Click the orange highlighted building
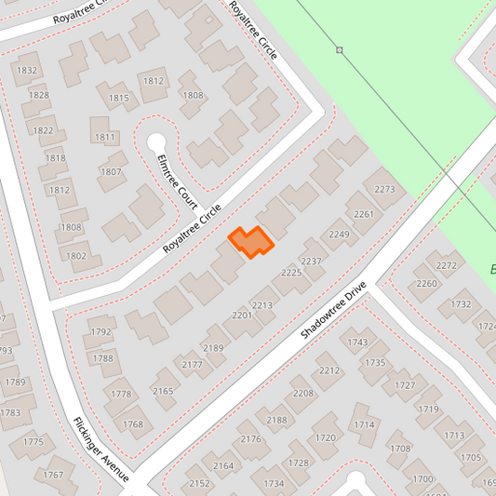(x=250, y=242)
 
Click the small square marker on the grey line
(x=340, y=49)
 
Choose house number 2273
(x=385, y=189)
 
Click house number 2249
(x=339, y=234)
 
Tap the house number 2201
(x=242, y=315)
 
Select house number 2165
(x=163, y=391)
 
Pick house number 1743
(x=357, y=342)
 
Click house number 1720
(x=325, y=437)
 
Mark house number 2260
(x=426, y=284)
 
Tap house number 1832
(x=27, y=71)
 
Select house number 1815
(x=118, y=98)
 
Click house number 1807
(x=111, y=171)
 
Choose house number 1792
(x=101, y=332)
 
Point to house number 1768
(x=132, y=424)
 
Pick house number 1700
(x=422, y=478)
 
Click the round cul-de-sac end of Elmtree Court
(x=156, y=142)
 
